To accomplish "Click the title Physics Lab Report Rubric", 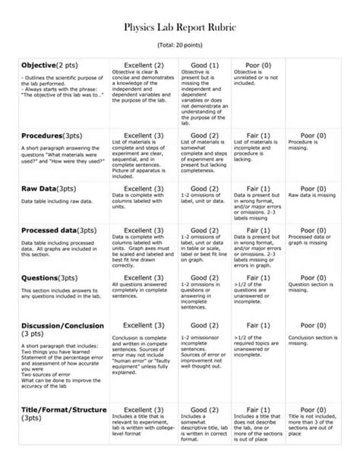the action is pyautogui.click(x=180, y=27).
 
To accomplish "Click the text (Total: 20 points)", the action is pyautogui.click(x=180, y=46).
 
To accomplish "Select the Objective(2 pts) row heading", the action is pyautogui.click(x=49, y=65).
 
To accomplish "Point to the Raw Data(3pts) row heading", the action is pyautogui.click(x=49, y=188).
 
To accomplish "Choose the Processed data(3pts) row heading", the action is pyautogui.click(x=58, y=230).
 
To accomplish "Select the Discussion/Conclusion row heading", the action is pyautogui.click(x=62, y=324).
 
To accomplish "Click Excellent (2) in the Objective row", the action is pyautogui.click(x=143, y=65).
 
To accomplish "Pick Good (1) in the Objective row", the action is pyautogui.click(x=204, y=65).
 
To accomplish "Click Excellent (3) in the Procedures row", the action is pyautogui.click(x=143, y=135).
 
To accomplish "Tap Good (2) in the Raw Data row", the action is pyautogui.click(x=204, y=188).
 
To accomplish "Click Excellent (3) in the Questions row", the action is pyautogui.click(x=143, y=277).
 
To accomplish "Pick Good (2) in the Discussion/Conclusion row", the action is pyautogui.click(x=204, y=324).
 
